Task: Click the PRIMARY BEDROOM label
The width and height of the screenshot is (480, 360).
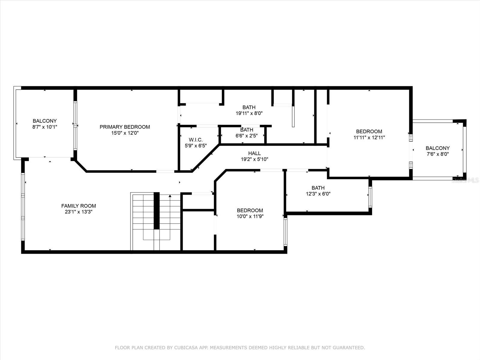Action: [x=125, y=127]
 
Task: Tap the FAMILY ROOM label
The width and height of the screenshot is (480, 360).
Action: [x=79, y=206]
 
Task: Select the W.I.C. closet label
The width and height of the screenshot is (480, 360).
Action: [x=196, y=140]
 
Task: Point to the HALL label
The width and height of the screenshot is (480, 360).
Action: [x=254, y=153]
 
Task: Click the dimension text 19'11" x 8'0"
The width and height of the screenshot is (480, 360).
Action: [x=249, y=113]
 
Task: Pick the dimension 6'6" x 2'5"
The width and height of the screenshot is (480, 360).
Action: [x=247, y=135]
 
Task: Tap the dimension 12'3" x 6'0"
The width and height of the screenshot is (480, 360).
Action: [x=318, y=194]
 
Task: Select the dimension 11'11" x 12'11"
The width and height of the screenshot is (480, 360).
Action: [x=369, y=137]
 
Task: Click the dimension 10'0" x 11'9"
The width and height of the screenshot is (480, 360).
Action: [x=250, y=216]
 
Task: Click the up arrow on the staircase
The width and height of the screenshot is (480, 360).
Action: [x=170, y=196]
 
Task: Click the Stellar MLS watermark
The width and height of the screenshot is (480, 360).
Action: [x=465, y=180]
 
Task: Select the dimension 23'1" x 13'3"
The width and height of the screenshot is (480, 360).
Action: [x=79, y=212]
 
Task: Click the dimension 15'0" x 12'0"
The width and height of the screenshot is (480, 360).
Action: [x=125, y=133]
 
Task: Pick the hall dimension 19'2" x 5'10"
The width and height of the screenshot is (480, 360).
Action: [x=254, y=159]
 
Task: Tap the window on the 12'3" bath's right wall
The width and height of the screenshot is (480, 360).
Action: [x=370, y=197]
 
